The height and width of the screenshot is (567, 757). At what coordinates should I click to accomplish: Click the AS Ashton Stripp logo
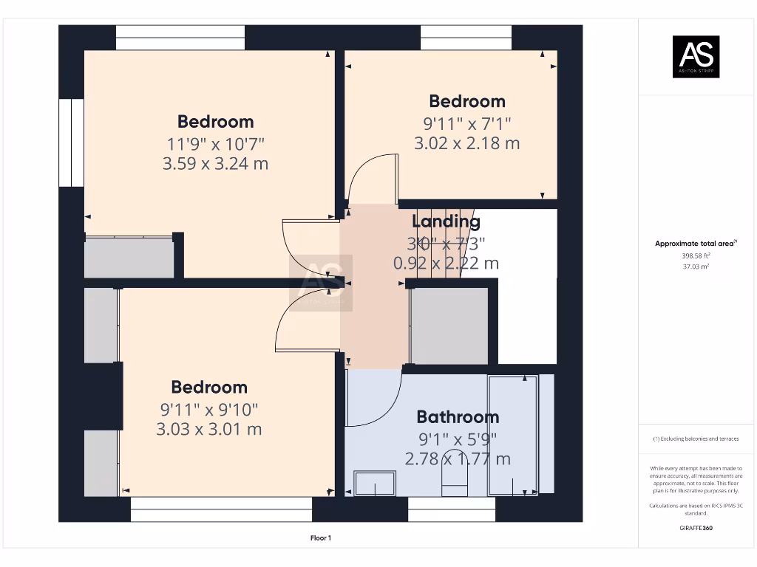point(695,57)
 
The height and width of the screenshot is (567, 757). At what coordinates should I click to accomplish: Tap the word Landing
point(446,221)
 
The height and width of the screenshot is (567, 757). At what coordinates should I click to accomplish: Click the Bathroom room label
point(457,416)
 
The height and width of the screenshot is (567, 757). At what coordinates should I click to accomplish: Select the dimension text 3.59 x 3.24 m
point(215,163)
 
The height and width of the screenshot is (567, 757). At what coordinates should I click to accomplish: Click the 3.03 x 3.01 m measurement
point(209,429)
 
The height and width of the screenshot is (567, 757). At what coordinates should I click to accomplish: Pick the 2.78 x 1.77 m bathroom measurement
point(457,458)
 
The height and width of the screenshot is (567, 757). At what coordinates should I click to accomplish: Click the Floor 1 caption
point(320,538)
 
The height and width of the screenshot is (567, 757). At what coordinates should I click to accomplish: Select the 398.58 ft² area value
point(695,255)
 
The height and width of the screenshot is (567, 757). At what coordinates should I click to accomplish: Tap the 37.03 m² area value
point(695,267)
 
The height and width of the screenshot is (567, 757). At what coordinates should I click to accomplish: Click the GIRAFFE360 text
point(695,528)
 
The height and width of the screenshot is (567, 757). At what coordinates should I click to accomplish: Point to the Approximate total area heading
point(695,244)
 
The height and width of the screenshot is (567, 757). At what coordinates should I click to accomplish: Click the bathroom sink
point(375,484)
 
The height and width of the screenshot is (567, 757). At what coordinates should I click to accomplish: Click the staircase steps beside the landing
point(436,244)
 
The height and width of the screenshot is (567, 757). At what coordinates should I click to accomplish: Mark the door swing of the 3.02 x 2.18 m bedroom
point(373,181)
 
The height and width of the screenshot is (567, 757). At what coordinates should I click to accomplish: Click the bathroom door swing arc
point(373,399)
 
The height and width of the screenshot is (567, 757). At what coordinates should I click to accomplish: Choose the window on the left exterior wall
point(72,142)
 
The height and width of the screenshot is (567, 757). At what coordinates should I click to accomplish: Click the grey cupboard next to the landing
point(449,326)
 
